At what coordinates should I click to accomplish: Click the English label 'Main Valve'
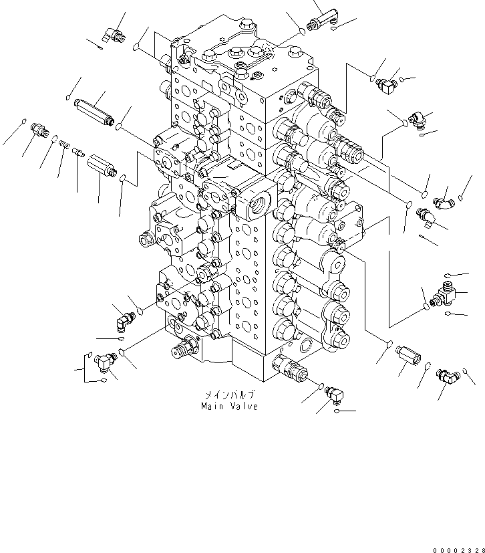[x=229, y=406]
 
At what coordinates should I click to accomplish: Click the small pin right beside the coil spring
[x=78, y=152]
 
